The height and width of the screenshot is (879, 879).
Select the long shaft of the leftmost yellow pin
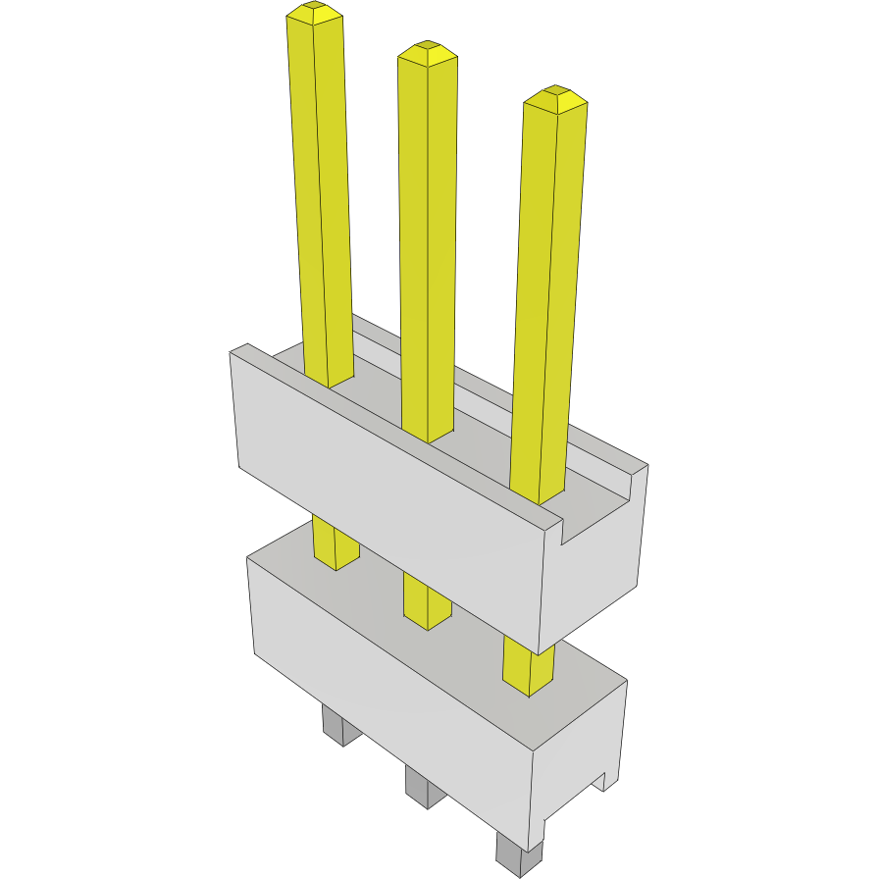(322, 196)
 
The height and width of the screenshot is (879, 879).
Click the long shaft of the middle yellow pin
(428, 245)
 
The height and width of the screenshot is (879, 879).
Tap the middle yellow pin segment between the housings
(427, 601)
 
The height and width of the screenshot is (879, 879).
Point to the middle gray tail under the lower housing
(423, 787)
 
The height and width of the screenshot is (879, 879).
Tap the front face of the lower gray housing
(392, 706)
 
